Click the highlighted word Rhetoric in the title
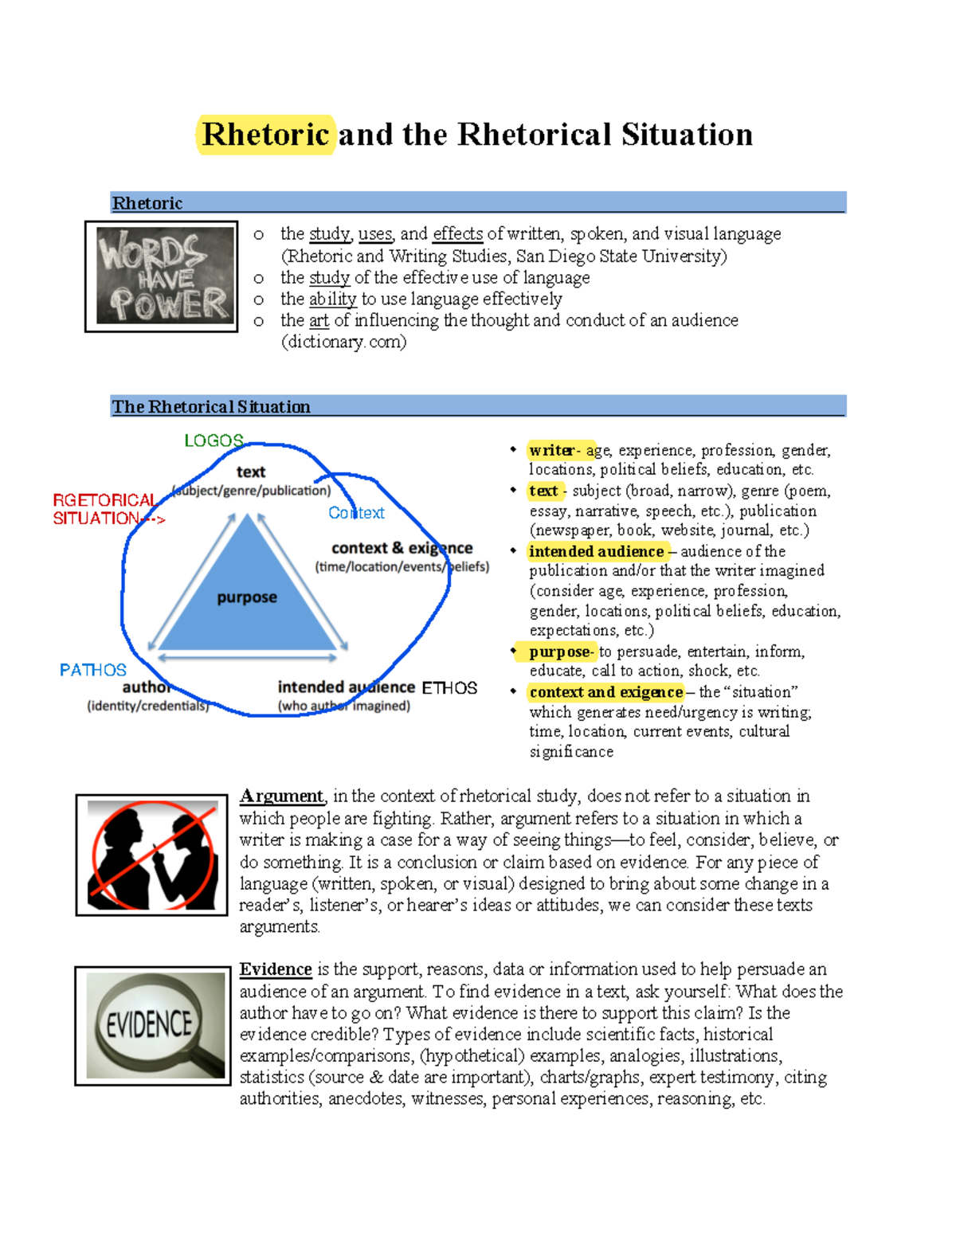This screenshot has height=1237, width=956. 265,135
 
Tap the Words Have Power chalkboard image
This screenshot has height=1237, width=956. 162,276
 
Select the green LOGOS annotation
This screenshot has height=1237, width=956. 214,440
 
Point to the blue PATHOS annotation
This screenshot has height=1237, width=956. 92,670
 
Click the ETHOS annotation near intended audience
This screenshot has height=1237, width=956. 449,688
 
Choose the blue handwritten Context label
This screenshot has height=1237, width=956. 356,513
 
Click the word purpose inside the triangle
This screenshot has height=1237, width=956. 247,597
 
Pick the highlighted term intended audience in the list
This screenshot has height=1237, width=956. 596,551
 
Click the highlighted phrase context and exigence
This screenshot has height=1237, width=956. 605,692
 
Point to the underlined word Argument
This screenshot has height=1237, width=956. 282,796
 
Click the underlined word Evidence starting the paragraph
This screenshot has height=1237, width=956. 276,969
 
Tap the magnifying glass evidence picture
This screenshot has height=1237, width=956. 153,1026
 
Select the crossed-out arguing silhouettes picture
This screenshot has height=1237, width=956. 151,855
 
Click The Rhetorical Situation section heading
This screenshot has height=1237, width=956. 211,407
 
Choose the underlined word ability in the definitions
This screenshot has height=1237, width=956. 333,299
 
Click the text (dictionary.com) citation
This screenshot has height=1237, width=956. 343,342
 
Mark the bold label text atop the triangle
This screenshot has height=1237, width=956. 251,472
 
